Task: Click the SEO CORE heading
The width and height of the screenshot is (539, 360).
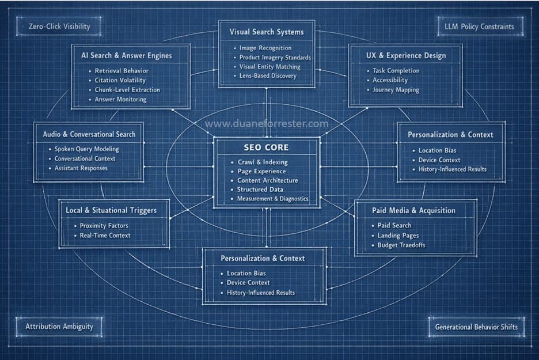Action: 267,147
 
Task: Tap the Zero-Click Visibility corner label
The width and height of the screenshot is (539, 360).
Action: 59,26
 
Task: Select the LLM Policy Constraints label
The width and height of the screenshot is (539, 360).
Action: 479,26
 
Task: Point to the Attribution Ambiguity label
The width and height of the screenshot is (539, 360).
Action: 59,326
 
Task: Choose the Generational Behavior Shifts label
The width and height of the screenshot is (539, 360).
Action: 476,327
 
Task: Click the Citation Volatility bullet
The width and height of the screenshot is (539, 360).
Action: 120,80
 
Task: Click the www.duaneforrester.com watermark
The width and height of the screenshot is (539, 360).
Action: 267,124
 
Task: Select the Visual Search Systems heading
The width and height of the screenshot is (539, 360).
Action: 267,32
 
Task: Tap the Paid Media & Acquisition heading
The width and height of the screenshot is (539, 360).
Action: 413,210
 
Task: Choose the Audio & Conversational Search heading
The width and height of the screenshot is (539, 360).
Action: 89,134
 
